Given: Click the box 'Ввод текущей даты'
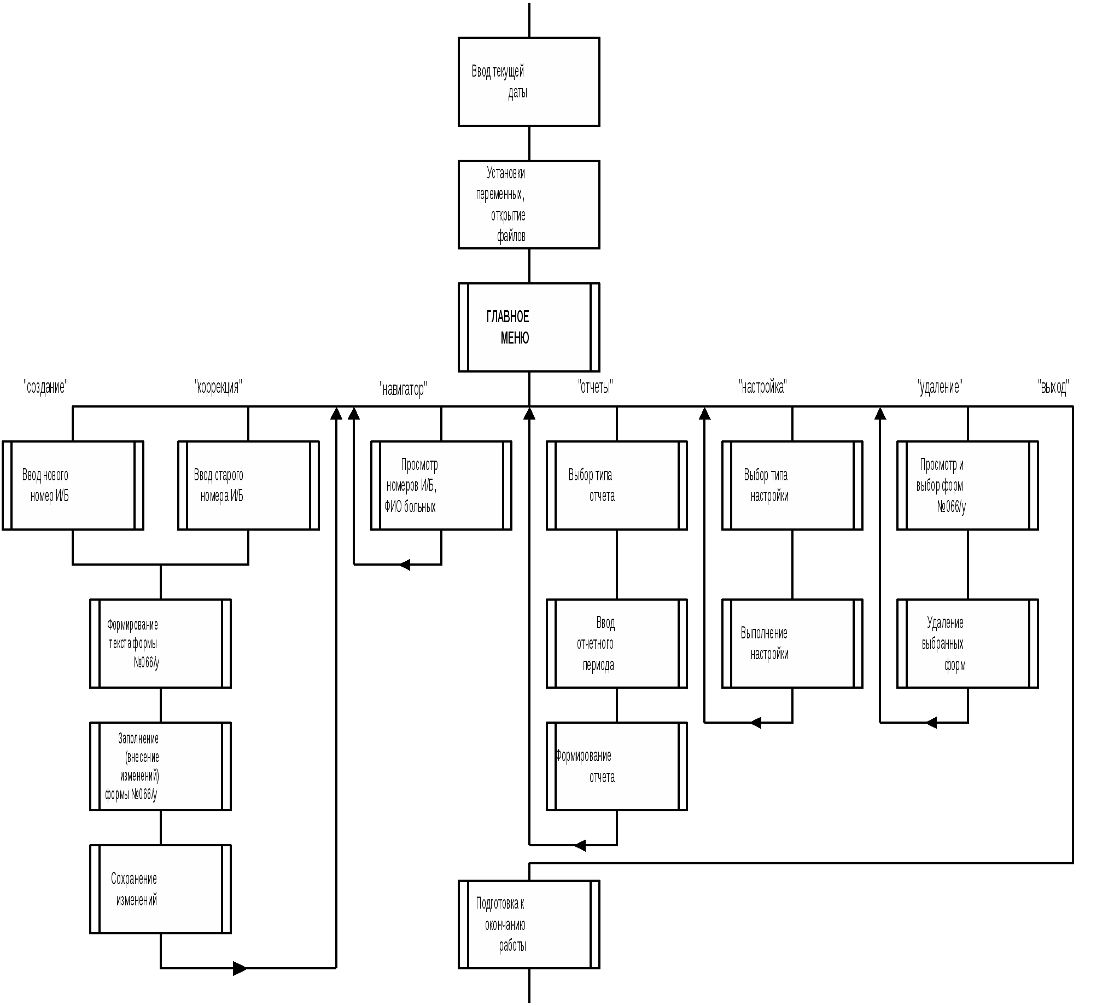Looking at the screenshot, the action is pyautogui.click(x=529, y=82).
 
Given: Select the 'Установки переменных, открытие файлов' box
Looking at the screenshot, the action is pyautogui.click(x=529, y=205).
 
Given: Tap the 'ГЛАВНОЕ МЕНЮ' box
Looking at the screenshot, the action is pyautogui.click(x=529, y=327).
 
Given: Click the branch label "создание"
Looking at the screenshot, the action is pyautogui.click(x=46, y=386).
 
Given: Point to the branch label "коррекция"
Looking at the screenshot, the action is pyautogui.click(x=218, y=386).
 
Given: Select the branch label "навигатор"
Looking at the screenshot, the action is pyautogui.click(x=403, y=389).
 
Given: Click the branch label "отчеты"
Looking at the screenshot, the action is pyautogui.click(x=595, y=386).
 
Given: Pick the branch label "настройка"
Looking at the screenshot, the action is pyautogui.click(x=762, y=386).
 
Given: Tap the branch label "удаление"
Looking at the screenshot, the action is pyautogui.click(x=940, y=386).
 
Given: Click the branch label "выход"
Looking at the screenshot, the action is pyautogui.click(x=1053, y=386).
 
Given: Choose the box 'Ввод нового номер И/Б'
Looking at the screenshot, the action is pyautogui.click(x=73, y=485).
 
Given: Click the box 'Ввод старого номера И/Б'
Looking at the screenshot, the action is pyautogui.click(x=249, y=485).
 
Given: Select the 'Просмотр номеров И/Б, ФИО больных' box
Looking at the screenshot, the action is pyautogui.click(x=441, y=485).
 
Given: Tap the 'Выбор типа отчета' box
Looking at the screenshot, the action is pyautogui.click(x=617, y=485).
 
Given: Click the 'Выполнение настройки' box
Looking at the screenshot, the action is pyautogui.click(x=792, y=643).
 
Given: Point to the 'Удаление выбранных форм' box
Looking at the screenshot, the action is pyautogui.click(x=967, y=643).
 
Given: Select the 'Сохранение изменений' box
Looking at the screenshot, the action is pyautogui.click(x=160, y=889).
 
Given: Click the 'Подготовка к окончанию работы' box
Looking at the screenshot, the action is pyautogui.click(x=529, y=924).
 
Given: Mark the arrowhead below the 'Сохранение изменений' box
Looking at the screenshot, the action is pyautogui.click(x=241, y=968).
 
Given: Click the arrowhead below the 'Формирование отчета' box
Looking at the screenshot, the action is pyautogui.click(x=580, y=845).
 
